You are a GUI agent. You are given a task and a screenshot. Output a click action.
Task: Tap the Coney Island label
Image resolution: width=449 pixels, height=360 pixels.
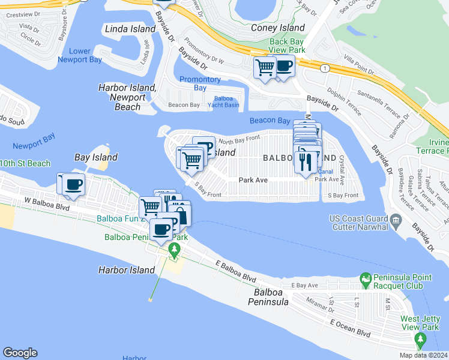[278, 28]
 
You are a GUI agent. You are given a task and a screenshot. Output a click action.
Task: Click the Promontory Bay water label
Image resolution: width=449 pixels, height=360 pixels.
[200, 83]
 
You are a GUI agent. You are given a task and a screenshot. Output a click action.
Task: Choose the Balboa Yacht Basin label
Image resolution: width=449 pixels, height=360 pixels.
[223, 102]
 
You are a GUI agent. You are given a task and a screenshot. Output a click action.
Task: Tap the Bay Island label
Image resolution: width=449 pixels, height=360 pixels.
[95, 157]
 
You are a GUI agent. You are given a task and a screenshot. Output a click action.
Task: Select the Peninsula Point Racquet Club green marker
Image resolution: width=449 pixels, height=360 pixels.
[365, 279]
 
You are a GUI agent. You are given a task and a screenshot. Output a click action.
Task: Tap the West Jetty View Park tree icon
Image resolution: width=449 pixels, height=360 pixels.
[420, 341]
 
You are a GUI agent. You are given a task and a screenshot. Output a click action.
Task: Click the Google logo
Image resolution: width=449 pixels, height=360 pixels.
[20, 353]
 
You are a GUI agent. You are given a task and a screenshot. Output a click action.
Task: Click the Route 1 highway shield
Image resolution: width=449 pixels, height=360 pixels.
[324, 69]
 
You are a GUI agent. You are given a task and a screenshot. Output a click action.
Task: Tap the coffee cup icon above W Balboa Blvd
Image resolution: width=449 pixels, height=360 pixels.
[73, 184]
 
